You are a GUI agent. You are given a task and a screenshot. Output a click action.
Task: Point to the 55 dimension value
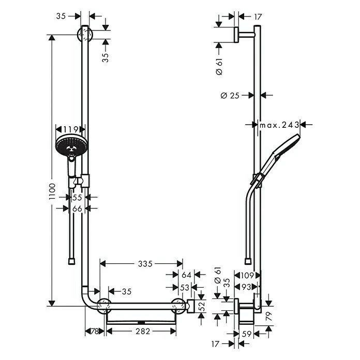(x=78, y=198)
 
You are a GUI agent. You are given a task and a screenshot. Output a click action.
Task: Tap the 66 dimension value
(x=77, y=208)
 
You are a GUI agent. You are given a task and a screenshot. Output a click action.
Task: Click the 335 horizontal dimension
(x=145, y=264)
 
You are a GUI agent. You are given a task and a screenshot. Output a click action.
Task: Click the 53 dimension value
(x=184, y=287)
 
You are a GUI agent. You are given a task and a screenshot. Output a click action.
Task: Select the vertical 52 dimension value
(x=202, y=306)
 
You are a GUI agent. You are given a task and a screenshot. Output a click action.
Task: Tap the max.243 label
(x=279, y=125)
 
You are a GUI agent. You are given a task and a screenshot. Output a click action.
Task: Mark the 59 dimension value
(x=247, y=334)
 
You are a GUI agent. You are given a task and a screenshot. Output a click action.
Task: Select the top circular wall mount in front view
(x=85, y=35)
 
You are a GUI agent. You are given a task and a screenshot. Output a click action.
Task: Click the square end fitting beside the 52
(x=192, y=306)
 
